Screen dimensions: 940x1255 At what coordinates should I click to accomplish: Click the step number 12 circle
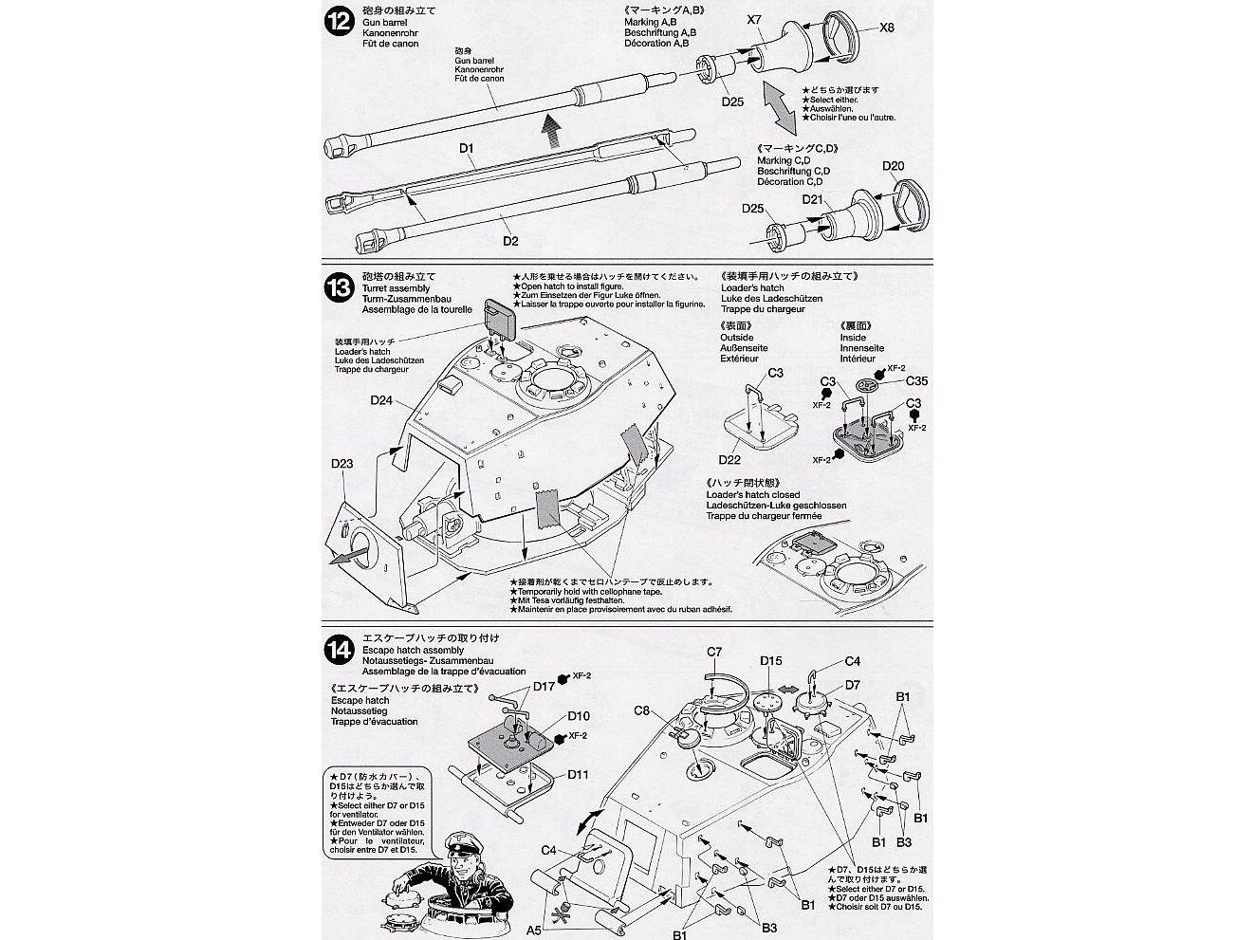coord(338,23)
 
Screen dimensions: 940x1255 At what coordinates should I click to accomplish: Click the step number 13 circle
coord(338,288)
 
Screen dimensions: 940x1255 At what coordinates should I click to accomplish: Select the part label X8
coord(886,28)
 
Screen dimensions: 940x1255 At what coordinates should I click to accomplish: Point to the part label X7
coord(755,18)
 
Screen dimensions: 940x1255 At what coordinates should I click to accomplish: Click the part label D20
coord(893,167)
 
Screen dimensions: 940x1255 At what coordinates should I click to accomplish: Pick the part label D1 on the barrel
coord(466,148)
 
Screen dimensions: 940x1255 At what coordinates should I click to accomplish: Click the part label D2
coord(510,241)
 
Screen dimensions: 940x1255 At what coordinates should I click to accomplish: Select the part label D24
coord(381,400)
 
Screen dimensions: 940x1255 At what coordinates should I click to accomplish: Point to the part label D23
coord(342,464)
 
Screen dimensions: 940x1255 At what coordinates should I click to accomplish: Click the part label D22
coord(729,460)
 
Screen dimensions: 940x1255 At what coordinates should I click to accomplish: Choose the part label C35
coord(916,381)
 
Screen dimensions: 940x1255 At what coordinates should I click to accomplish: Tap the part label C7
coord(714,652)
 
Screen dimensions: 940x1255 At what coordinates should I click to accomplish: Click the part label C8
coord(641,710)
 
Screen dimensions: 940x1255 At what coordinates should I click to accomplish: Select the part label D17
coord(544,686)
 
